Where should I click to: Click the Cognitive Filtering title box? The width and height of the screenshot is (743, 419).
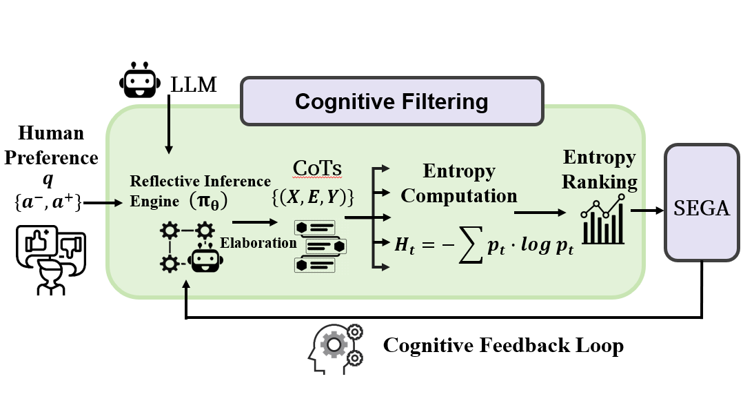391,102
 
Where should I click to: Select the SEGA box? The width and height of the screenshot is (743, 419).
702,208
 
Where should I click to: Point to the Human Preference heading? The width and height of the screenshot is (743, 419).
52,146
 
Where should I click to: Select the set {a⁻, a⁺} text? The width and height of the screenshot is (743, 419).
52,204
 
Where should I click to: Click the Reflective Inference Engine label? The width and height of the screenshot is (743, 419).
201,191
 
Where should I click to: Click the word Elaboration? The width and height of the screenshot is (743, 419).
258,243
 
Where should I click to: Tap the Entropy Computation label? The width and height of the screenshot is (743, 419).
458,183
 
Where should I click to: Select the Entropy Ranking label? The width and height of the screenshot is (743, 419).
598,169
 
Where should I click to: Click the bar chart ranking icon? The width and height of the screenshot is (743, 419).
604,220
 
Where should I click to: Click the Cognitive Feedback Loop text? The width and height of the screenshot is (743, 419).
503,344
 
